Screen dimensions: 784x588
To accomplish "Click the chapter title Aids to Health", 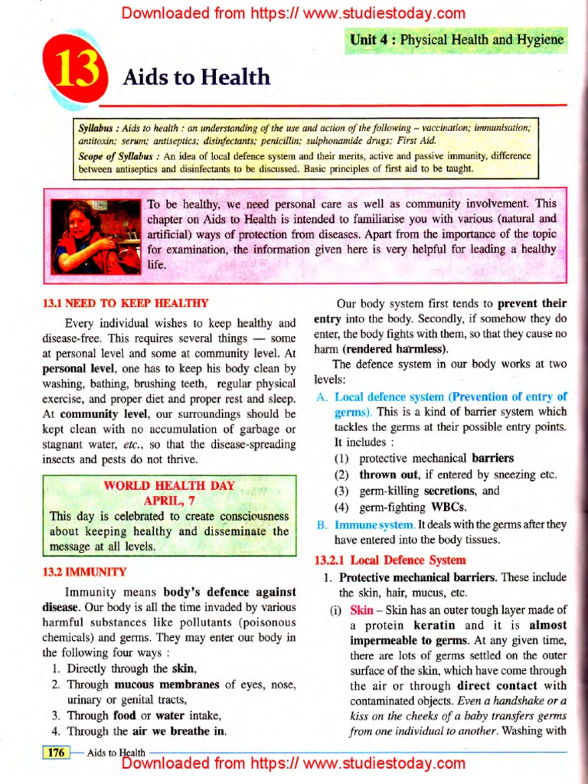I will pos(197,77).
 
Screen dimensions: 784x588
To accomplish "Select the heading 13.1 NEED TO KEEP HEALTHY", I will pos(126,303).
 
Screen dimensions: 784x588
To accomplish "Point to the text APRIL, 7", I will pos(169,501).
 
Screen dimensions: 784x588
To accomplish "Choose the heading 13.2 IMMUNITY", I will pos(84,571).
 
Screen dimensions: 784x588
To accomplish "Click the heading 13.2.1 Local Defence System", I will pos(390,560).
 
